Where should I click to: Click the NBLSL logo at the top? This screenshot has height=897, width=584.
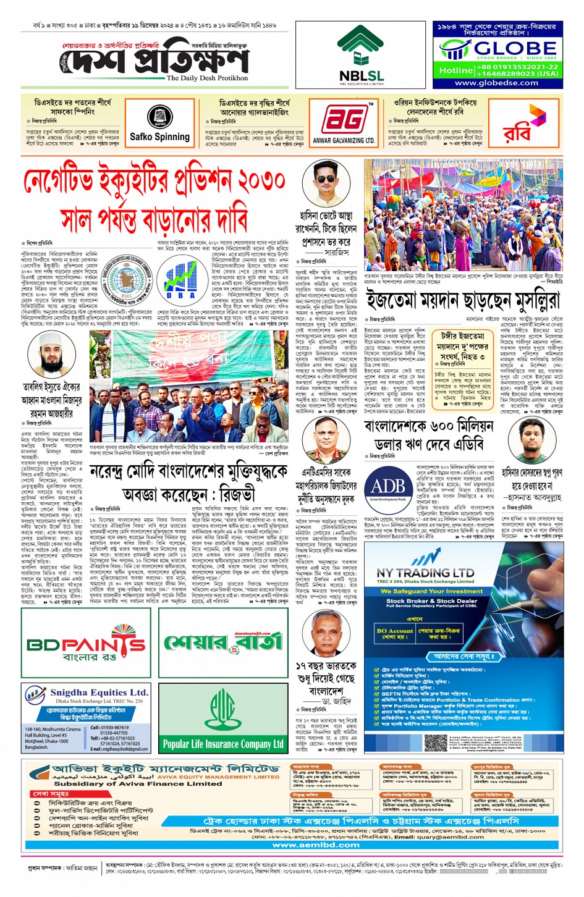[361, 54]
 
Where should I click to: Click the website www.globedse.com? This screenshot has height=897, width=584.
[496, 83]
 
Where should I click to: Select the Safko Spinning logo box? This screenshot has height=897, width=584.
[159, 124]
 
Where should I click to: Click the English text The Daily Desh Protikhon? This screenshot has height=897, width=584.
[207, 78]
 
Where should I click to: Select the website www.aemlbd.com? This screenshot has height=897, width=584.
[316, 844]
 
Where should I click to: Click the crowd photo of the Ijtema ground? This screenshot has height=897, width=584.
[463, 215]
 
